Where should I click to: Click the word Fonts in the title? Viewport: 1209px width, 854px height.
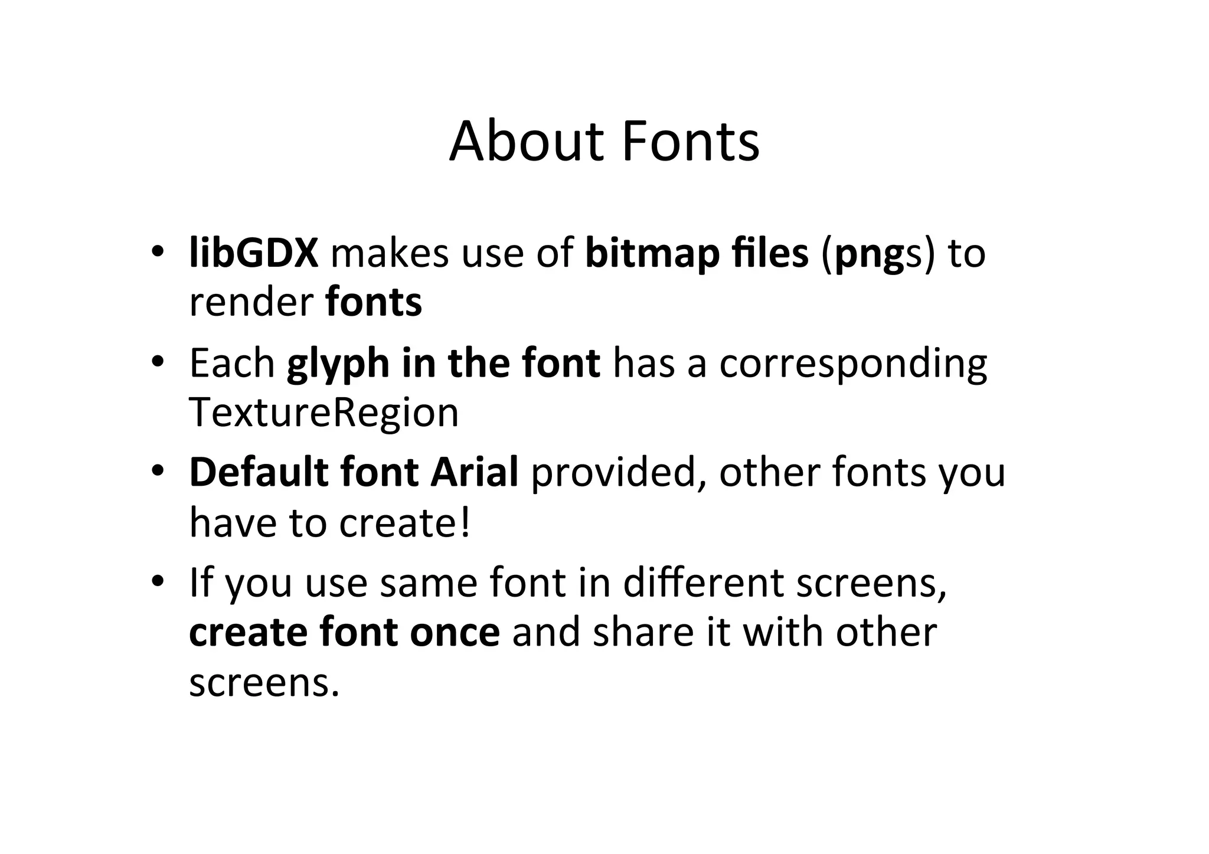click(x=691, y=142)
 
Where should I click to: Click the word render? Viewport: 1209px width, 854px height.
click(x=251, y=303)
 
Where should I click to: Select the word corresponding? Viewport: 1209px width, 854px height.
click(x=852, y=364)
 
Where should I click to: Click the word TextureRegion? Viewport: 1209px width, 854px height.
click(x=324, y=413)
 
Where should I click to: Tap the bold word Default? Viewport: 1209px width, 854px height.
click(x=259, y=473)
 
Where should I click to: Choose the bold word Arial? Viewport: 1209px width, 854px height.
click(x=475, y=473)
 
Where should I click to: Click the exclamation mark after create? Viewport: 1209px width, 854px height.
click(x=466, y=523)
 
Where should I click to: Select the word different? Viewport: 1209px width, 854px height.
click(x=703, y=583)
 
